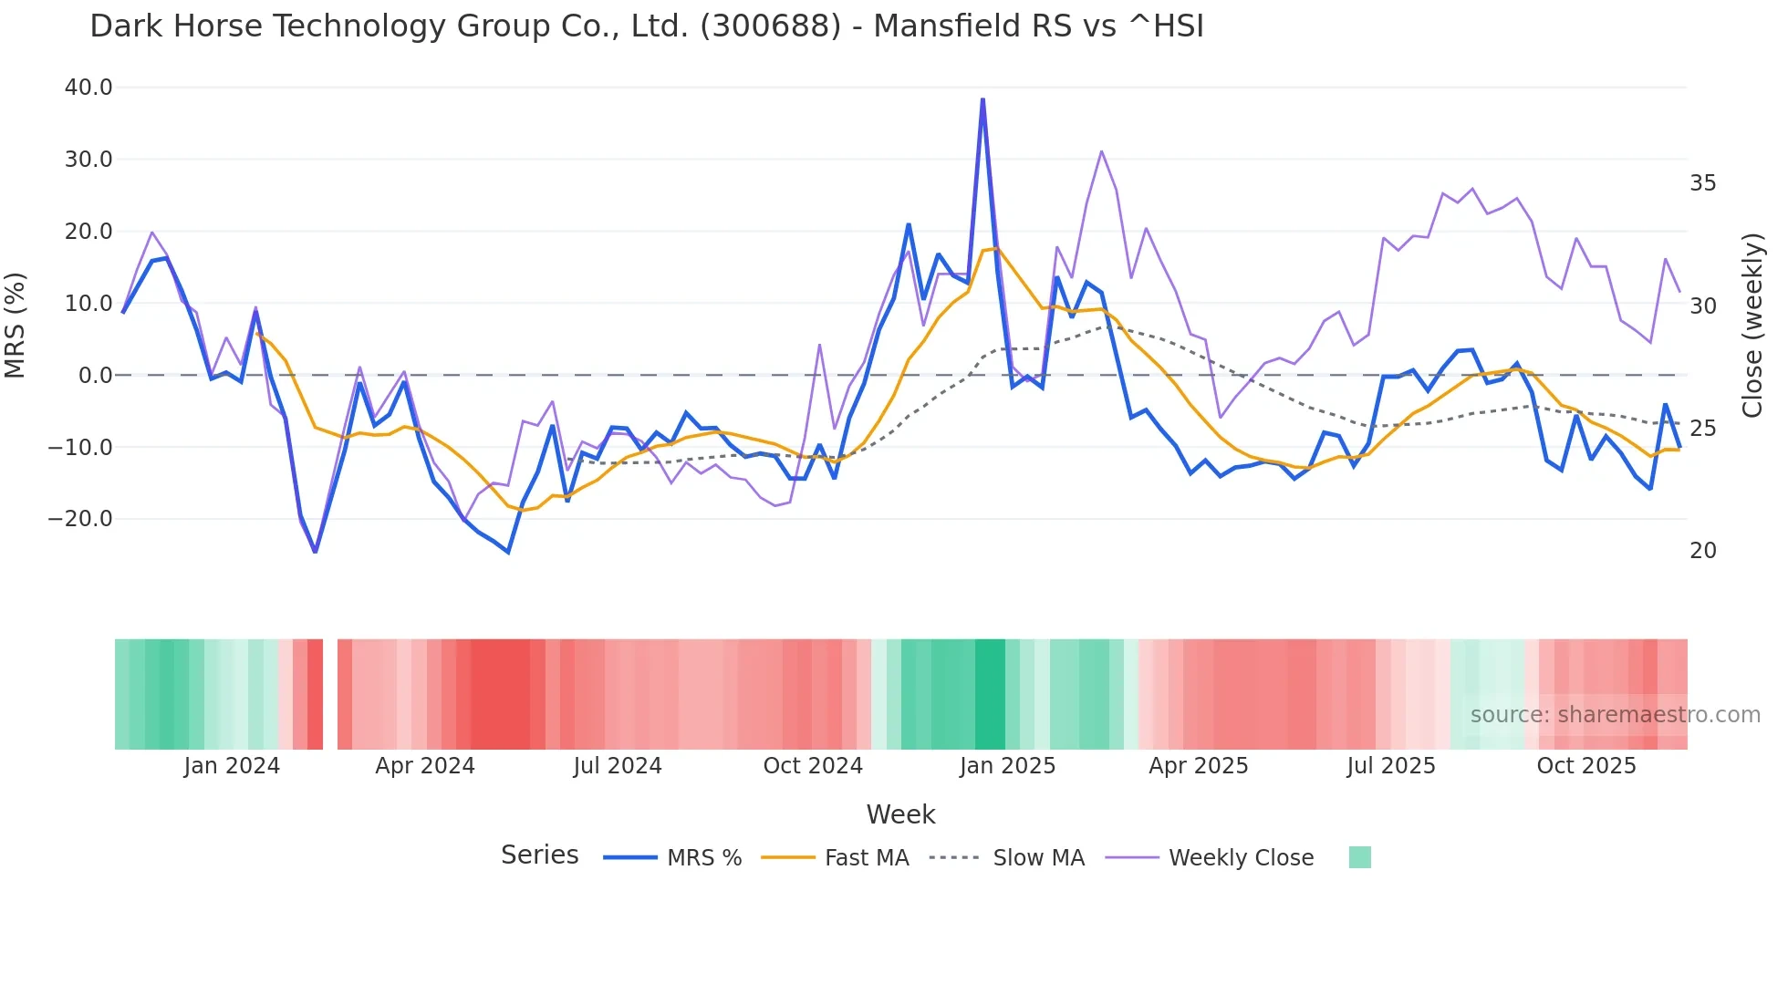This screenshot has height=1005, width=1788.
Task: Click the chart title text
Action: (647, 26)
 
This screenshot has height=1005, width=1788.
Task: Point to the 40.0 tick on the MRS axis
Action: (88, 88)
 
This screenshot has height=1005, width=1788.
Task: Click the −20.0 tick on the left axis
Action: (80, 519)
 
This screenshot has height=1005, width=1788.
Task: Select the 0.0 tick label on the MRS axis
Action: (95, 375)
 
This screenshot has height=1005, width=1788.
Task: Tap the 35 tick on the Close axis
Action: (1702, 183)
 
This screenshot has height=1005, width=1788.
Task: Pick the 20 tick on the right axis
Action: (1702, 551)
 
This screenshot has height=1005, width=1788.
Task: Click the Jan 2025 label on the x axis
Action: (1007, 766)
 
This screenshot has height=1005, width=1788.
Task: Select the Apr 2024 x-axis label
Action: (425, 766)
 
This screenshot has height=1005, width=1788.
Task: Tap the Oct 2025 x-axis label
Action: (1586, 766)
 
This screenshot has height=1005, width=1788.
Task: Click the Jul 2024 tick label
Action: (618, 766)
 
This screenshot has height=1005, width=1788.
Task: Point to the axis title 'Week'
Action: (900, 814)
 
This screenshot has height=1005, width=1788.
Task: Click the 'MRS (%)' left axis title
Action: (16, 325)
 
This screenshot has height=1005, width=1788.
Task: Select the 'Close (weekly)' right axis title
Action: (1752, 325)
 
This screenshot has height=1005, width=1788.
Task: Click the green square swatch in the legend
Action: (1359, 857)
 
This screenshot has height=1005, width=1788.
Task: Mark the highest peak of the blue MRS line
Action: (982, 99)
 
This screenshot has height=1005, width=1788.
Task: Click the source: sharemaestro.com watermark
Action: (1615, 715)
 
